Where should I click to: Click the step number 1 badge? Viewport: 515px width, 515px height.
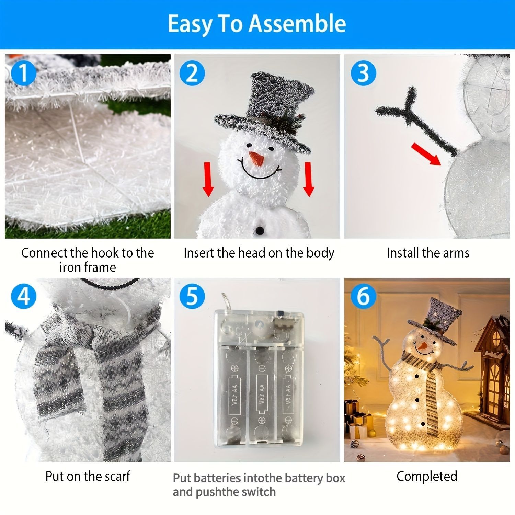(23, 73)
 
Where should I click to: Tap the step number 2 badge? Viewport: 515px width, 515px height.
(192, 73)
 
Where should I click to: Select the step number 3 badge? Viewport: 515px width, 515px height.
(363, 73)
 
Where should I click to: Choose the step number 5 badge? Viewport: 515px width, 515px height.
(192, 296)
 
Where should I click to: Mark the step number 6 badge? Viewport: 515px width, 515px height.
(363, 296)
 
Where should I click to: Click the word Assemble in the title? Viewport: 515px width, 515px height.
(297, 24)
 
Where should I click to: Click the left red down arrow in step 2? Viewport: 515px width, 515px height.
(208, 180)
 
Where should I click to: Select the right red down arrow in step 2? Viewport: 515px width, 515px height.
(309, 180)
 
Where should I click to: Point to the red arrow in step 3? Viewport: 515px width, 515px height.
(426, 154)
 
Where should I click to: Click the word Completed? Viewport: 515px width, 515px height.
(427, 477)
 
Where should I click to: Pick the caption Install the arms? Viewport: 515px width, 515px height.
(428, 253)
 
